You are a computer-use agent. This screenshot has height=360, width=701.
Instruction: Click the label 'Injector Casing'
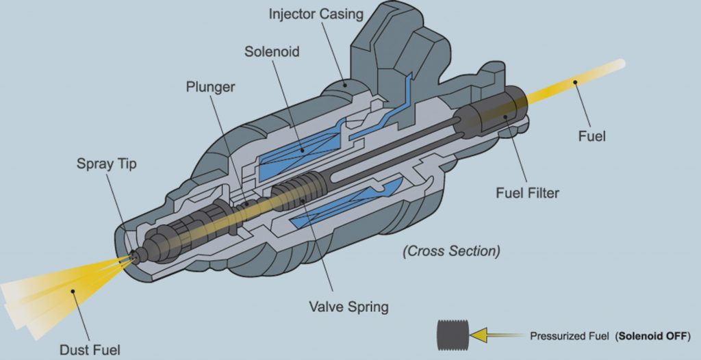coord(316,14)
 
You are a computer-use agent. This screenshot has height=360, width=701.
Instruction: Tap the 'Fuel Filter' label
coord(527,193)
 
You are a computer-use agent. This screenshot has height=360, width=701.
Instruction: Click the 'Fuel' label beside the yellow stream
coord(592,136)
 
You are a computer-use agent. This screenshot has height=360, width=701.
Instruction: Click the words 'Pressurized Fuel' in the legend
coord(570,337)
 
